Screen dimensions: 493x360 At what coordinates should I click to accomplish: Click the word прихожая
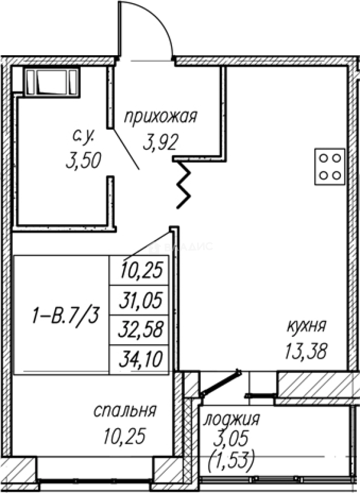point(161,118)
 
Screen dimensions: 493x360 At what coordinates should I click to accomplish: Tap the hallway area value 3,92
point(159,144)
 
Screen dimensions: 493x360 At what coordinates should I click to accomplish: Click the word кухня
point(306,327)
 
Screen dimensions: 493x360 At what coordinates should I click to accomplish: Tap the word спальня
point(125,411)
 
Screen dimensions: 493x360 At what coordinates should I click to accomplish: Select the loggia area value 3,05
point(232,440)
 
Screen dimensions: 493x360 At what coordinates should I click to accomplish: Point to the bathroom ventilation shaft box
point(51,82)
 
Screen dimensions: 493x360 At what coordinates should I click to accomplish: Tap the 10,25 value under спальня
point(124,436)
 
